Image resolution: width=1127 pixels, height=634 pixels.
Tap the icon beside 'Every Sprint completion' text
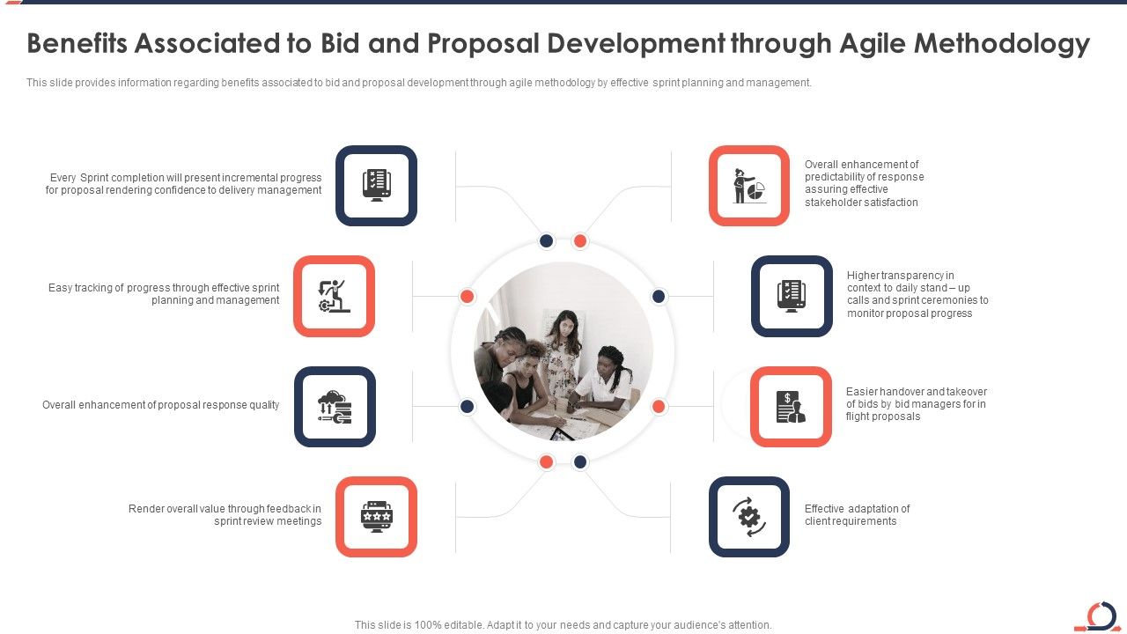point(376,185)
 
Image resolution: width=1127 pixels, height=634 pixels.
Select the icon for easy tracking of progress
point(334,296)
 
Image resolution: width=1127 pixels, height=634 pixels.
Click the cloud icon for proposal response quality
point(335,407)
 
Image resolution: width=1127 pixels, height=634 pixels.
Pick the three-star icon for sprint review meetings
point(376,517)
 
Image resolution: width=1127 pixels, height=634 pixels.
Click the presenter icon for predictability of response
point(749,186)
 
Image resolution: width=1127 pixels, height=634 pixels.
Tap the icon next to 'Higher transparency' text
point(792,296)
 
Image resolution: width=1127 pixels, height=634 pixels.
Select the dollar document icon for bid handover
point(791,407)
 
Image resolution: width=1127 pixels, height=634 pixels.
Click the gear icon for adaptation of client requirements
point(749,517)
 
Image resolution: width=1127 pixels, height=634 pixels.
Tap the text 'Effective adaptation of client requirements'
point(857,515)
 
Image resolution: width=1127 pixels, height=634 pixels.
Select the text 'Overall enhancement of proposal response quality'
point(161,405)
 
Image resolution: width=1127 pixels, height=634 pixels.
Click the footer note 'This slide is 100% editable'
point(563,625)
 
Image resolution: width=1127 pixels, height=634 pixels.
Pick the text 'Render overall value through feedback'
point(225,515)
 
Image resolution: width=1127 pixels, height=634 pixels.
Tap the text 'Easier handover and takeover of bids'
point(916,404)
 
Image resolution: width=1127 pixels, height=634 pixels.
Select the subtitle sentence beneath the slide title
point(418,83)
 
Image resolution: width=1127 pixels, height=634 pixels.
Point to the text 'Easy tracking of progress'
point(164,294)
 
